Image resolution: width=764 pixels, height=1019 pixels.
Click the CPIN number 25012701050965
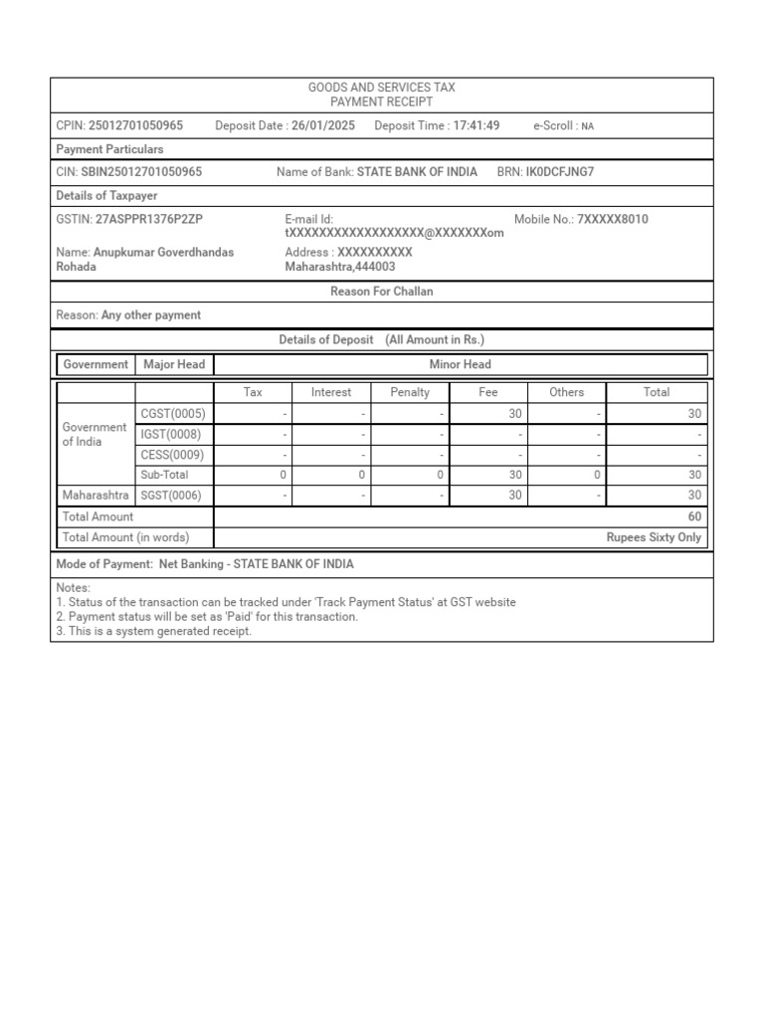click(x=135, y=125)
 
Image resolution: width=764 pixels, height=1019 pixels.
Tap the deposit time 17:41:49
click(x=476, y=125)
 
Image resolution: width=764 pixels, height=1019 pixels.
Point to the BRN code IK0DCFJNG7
click(x=559, y=172)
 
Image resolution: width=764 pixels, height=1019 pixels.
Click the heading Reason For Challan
click(x=381, y=292)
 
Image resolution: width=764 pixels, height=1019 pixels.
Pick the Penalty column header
click(x=410, y=392)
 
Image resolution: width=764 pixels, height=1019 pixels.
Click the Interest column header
click(x=331, y=392)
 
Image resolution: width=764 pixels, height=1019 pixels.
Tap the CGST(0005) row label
click(x=173, y=414)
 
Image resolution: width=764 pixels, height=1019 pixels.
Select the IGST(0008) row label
click(x=172, y=434)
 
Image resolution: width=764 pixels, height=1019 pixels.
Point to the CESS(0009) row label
click(x=173, y=455)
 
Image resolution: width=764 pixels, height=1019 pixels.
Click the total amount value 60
click(x=694, y=516)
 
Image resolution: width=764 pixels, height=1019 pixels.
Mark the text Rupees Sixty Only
click(x=654, y=537)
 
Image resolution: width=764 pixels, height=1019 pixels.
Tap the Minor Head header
click(x=460, y=364)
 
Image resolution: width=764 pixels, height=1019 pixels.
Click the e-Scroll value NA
click(x=588, y=126)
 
